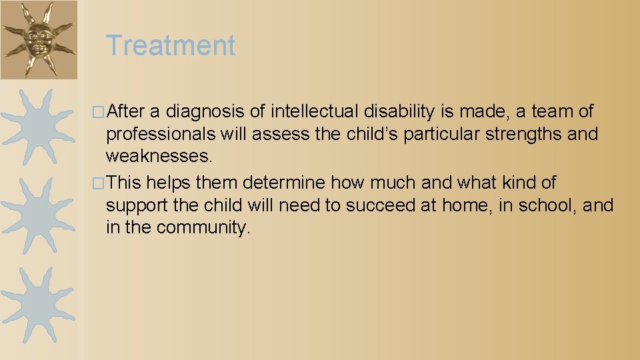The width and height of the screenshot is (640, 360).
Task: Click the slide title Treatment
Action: click(171, 46)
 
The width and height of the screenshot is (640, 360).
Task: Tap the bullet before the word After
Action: click(101, 111)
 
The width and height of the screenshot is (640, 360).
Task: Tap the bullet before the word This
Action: click(101, 183)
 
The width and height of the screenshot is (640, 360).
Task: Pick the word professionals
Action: click(161, 134)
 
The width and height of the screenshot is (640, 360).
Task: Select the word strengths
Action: click(523, 134)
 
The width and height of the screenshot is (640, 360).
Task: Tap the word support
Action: click(137, 206)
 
